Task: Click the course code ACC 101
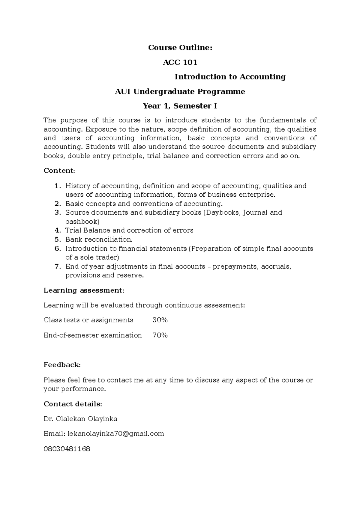point(180,62)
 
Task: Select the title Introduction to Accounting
point(230,77)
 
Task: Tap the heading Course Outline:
point(180,48)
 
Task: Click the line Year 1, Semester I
point(180,106)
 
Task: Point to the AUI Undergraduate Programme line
point(180,91)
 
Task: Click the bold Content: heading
point(59,171)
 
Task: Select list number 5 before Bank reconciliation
point(58,240)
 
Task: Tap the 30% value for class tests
point(160,320)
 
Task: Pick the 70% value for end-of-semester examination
point(160,335)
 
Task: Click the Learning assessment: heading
point(84,290)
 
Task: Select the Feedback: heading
point(62,365)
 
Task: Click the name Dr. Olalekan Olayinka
point(80,419)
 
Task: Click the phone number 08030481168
point(67,449)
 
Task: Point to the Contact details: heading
point(73,404)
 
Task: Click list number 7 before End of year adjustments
point(58,266)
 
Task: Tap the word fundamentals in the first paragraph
point(283,120)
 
